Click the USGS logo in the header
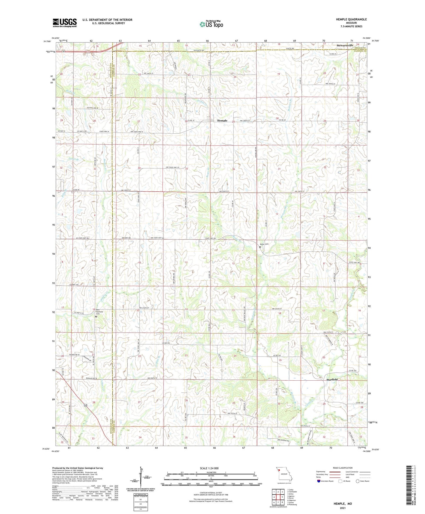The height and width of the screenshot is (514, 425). click(65, 23)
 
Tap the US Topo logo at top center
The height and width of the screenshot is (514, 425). click(211, 24)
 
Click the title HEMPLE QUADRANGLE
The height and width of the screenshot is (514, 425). click(351, 19)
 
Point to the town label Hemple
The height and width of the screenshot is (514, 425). click(222, 121)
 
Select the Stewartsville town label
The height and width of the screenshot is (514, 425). click(346, 46)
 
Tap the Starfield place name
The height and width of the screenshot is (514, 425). click(332, 380)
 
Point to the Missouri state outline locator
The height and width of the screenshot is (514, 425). click(284, 474)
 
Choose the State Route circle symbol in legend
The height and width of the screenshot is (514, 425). click(357, 481)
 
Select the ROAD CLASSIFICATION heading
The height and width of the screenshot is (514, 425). click(343, 468)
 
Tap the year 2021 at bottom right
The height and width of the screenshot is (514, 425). click(342, 508)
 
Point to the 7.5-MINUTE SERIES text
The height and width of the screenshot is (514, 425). click(351, 26)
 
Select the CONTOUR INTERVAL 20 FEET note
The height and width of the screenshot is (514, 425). click(210, 493)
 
